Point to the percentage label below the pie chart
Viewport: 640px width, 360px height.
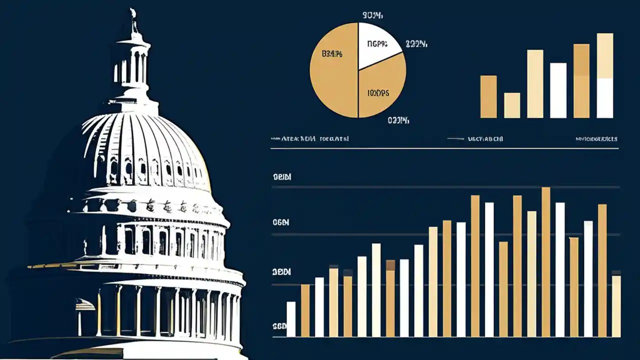[398, 120]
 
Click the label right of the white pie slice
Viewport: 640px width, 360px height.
[416, 44]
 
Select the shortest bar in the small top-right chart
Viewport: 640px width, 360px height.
[512, 105]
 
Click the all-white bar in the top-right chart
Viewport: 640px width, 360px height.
[558, 90]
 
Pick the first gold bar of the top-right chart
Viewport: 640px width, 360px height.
[488, 96]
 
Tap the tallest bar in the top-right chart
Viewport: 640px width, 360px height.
[605, 75]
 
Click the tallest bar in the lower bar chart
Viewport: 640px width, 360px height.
[546, 260]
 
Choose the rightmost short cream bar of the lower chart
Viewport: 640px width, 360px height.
[616, 305]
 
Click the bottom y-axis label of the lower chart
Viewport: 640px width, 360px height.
[279, 326]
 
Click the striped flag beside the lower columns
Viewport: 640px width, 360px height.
[85, 304]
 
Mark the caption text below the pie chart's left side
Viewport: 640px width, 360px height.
[310, 138]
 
